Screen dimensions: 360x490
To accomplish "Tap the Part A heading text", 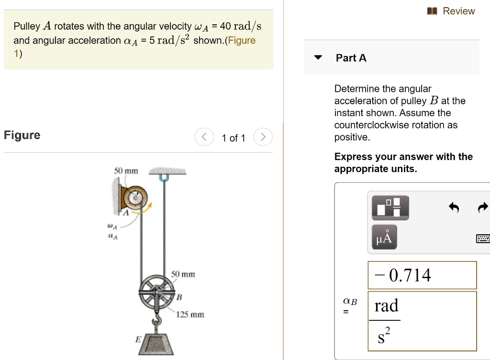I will point(351,58).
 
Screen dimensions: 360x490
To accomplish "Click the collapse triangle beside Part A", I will point(318,58).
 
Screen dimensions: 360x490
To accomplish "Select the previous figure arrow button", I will point(203,138).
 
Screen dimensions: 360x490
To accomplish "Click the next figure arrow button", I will point(263,138).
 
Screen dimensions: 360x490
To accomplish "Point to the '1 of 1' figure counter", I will point(233,138).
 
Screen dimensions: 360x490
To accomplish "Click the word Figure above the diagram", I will point(22,135).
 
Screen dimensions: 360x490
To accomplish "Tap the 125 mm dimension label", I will point(190,315).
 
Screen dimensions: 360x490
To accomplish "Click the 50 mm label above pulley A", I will point(125,171).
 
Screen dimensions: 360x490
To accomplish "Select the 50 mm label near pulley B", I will point(183,274).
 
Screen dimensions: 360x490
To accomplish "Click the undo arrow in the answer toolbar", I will point(454,207).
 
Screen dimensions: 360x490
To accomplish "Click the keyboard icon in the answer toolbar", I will point(482,238).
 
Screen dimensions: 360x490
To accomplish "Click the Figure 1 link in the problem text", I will point(242,41).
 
